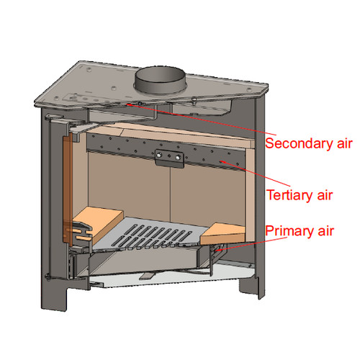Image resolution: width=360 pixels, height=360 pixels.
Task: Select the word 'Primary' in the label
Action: tap(289, 231)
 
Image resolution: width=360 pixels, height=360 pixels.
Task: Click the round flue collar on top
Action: tap(160, 80)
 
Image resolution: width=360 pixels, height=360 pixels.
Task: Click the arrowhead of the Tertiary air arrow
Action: tap(222, 161)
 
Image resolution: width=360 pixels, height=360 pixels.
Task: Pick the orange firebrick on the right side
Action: tap(222, 234)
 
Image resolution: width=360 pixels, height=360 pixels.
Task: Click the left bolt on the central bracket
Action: tap(158, 156)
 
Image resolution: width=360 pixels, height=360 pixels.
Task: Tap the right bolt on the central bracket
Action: tap(178, 158)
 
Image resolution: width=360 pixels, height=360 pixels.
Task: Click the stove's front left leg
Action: tap(54, 297)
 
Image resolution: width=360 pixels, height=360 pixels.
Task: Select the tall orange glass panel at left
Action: tap(67, 189)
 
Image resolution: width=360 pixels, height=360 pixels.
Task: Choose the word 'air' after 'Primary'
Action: tap(326, 231)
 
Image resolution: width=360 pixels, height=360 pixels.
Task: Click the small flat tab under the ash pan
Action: tap(147, 276)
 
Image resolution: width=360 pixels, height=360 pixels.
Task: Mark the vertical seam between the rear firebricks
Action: tap(170, 194)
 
